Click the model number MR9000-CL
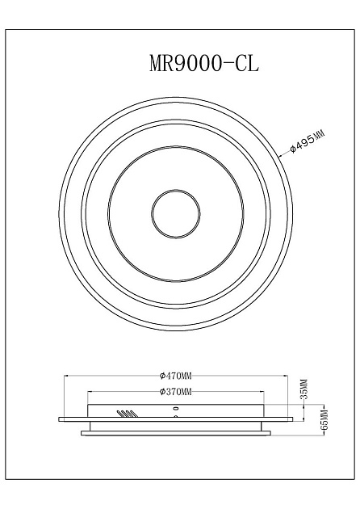203,64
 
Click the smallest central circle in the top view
175,214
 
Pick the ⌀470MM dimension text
175,376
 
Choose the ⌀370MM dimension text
175,392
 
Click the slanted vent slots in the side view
126,413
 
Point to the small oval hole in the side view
175,410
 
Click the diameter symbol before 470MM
163,376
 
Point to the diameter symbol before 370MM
163,392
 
